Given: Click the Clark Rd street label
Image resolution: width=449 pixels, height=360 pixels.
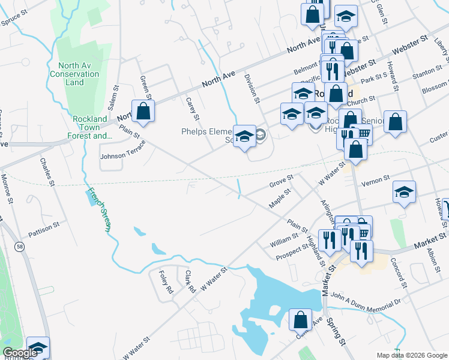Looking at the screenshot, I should click(x=190, y=281).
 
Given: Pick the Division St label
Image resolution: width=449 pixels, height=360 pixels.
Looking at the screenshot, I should click(x=252, y=88).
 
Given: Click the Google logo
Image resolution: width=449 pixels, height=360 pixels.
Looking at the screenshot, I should click(x=20, y=353).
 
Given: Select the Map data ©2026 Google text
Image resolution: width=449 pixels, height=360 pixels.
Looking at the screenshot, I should click(x=412, y=355).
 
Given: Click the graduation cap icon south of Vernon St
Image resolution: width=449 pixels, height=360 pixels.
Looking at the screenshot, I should click(x=405, y=193).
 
